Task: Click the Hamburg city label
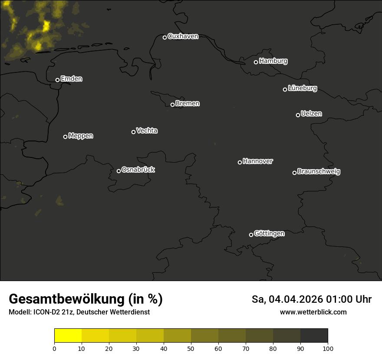pyautogui.click(x=273, y=61)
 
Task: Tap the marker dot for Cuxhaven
pyautogui.click(x=165, y=37)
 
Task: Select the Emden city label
pyautogui.click(x=71, y=79)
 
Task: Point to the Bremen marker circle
pyautogui.click(x=172, y=105)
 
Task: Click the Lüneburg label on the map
pyautogui.click(x=302, y=88)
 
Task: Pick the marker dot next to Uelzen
pyautogui.click(x=298, y=115)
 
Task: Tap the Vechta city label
pyautogui.click(x=147, y=131)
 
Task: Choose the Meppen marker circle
pyautogui.click(x=65, y=137)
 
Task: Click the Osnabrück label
pyautogui.click(x=138, y=170)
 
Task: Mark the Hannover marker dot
pyautogui.click(x=240, y=162)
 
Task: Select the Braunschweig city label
pyautogui.click(x=319, y=172)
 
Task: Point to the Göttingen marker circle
pyautogui.click(x=251, y=235)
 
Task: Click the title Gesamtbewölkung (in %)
pyautogui.click(x=86, y=299)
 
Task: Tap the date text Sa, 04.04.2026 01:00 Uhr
pyautogui.click(x=311, y=299)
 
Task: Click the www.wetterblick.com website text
pyautogui.click(x=313, y=312)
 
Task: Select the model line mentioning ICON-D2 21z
pyautogui.click(x=79, y=312)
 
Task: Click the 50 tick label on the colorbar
pyautogui.click(x=191, y=348)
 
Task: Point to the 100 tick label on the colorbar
pyautogui.click(x=328, y=348)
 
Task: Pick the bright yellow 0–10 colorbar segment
pyautogui.click(x=68, y=336)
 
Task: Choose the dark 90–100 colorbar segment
pyautogui.click(x=314, y=336)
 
